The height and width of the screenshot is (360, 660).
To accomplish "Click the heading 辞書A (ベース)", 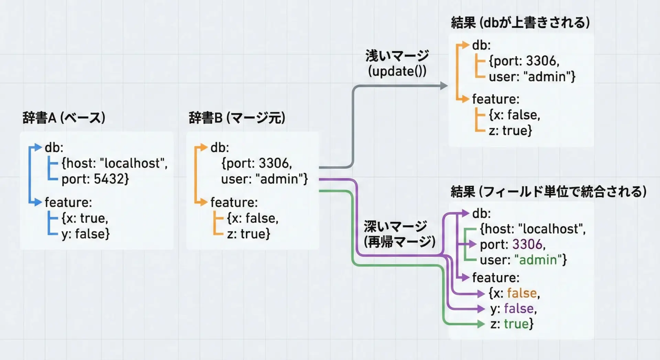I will (64, 118).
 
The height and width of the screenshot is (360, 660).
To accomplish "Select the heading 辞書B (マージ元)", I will (237, 118).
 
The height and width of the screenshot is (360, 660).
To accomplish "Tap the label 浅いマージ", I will (397, 55).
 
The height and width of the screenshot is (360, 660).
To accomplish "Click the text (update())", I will (397, 72).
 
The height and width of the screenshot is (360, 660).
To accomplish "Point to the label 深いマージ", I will (395, 226).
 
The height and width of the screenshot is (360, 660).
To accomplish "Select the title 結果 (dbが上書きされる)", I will (520, 23).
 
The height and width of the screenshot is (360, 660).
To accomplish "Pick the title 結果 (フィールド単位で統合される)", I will (549, 192).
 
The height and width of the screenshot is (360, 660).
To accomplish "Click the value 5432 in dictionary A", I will (110, 179).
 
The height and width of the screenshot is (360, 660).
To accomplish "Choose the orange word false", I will (522, 293).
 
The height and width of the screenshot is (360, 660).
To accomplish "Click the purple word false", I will (519, 309).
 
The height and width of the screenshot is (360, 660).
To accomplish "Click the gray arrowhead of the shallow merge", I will (444, 86).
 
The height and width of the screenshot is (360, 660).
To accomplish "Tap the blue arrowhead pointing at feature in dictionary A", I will (37, 202).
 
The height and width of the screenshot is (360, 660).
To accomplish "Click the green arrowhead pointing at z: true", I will (481, 324).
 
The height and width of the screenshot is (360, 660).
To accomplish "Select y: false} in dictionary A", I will (86, 234).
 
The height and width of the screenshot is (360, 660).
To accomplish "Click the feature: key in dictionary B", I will (234, 203).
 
